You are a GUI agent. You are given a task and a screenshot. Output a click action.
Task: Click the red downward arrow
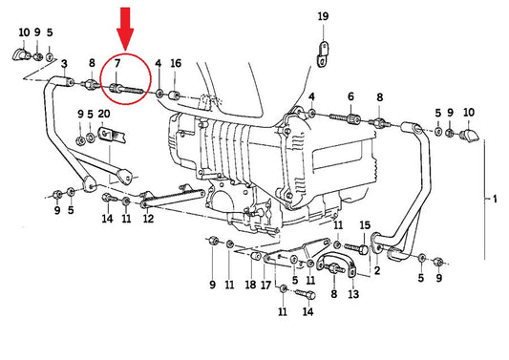click(x=125, y=29)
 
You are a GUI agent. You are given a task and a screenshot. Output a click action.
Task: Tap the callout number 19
click(x=323, y=16)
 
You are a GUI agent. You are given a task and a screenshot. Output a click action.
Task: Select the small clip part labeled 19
click(x=323, y=54)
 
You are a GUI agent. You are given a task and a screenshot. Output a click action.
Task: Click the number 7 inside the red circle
click(x=117, y=63)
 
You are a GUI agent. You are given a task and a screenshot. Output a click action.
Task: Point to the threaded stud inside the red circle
click(x=126, y=89)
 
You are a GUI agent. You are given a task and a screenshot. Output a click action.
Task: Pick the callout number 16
click(x=176, y=63)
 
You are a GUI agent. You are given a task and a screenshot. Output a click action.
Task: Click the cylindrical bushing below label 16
click(x=175, y=95)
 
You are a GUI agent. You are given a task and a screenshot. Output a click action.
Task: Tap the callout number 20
click(x=103, y=114)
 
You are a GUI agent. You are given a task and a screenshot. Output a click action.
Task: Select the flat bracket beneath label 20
click(x=112, y=136)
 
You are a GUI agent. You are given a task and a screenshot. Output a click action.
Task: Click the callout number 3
click(x=64, y=64)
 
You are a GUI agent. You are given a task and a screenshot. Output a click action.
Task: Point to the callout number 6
click(x=350, y=96)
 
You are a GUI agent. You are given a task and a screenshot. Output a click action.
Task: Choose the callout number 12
click(x=148, y=219)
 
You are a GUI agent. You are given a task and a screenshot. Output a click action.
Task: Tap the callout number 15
click(x=365, y=225)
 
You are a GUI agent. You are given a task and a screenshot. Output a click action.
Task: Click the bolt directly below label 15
click(x=356, y=249)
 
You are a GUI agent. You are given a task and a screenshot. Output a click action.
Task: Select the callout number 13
click(x=353, y=294)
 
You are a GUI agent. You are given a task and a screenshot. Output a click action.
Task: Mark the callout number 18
click(x=250, y=285)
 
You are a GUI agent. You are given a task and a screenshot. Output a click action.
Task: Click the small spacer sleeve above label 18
click(x=256, y=256)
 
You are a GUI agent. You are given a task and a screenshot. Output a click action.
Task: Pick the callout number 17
click(x=265, y=285)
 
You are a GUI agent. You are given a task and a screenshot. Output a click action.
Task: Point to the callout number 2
click(x=377, y=270)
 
